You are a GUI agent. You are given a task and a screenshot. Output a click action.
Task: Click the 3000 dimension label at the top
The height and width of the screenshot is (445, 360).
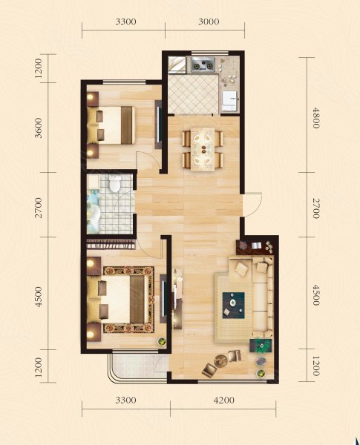point(209,22)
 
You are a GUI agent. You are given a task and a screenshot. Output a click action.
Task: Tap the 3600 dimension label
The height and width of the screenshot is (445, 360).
point(38,128)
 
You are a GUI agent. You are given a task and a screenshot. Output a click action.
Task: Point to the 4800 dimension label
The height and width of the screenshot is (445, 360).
point(315,118)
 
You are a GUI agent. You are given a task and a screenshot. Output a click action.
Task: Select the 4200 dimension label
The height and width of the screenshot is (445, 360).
point(224,400)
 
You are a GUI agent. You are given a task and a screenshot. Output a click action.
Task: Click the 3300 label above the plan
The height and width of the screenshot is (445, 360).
point(125,22)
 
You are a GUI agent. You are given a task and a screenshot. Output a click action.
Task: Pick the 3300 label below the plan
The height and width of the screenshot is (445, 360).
point(125,400)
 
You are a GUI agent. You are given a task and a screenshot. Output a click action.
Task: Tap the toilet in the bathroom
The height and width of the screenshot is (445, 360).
point(115,183)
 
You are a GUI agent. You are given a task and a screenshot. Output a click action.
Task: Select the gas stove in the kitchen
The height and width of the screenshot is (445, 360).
point(203,65)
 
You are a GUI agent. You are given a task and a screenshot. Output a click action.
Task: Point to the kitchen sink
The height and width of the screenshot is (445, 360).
point(229,101)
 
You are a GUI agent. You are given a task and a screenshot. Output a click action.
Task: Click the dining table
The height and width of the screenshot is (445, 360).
point(203,149)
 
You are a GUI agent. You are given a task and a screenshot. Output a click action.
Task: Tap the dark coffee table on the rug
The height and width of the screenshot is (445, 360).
point(233,305)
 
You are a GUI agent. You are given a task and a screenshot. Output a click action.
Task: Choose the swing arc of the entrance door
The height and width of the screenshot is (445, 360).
point(258,205)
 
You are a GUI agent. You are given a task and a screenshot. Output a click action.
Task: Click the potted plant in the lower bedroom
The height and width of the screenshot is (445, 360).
point(161,341)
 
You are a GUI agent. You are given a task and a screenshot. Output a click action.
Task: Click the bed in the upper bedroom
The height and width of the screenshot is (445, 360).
point(111,125)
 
